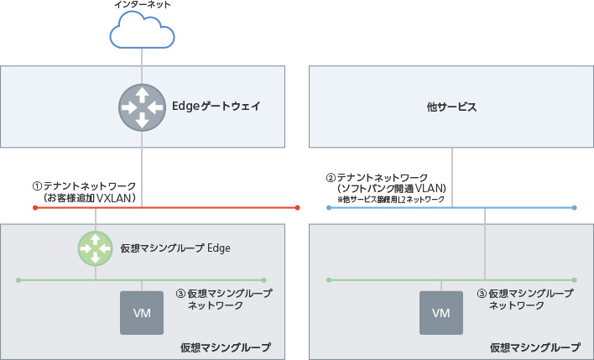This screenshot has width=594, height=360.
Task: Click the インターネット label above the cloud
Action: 142,5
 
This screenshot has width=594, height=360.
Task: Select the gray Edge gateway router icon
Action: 142,107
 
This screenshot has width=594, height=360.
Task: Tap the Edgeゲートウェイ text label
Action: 216,107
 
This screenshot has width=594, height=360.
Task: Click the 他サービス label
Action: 451,107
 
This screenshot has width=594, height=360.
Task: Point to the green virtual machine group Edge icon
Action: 96,248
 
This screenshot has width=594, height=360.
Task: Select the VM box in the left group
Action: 142,313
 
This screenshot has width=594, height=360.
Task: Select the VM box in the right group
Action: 441,313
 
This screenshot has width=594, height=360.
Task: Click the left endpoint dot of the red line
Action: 34,207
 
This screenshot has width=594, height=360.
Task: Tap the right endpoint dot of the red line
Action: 298,207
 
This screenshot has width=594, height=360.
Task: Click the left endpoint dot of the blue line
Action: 328,207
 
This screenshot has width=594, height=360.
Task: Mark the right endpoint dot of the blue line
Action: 575,207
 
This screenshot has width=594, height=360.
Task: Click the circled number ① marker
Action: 37,185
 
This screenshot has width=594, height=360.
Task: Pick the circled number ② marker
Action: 331,178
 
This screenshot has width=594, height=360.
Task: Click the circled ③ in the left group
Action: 180,295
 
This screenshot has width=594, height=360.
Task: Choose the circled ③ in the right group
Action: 481,295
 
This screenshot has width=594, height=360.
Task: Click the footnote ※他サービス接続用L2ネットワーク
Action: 391,201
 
